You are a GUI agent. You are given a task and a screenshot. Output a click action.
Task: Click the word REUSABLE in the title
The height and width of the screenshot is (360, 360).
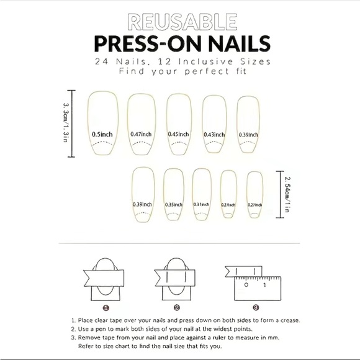[x=179, y=23]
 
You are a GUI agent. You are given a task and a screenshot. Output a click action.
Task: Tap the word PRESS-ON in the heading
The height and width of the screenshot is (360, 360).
[x=136, y=45]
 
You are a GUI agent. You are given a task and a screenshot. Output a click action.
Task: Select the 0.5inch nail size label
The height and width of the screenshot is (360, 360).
[x=102, y=134]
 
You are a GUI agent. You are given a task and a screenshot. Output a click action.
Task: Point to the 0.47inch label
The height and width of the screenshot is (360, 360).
[x=141, y=134]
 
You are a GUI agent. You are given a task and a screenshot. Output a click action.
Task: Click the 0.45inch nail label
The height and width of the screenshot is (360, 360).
[x=178, y=134]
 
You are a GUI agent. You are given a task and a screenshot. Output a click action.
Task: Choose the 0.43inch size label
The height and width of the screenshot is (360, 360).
[x=214, y=134]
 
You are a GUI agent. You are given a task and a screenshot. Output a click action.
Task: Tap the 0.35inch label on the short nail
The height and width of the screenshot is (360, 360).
[x=174, y=204]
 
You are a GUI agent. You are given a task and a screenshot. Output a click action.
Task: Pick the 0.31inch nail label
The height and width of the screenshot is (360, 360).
[x=201, y=204]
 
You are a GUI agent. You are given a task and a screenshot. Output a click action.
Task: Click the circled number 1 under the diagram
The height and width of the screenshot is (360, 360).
[x=106, y=307]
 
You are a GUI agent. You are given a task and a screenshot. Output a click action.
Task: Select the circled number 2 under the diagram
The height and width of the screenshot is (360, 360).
[x=176, y=307]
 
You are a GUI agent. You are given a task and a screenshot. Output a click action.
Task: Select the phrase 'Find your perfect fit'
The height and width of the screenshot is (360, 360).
[x=179, y=71]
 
